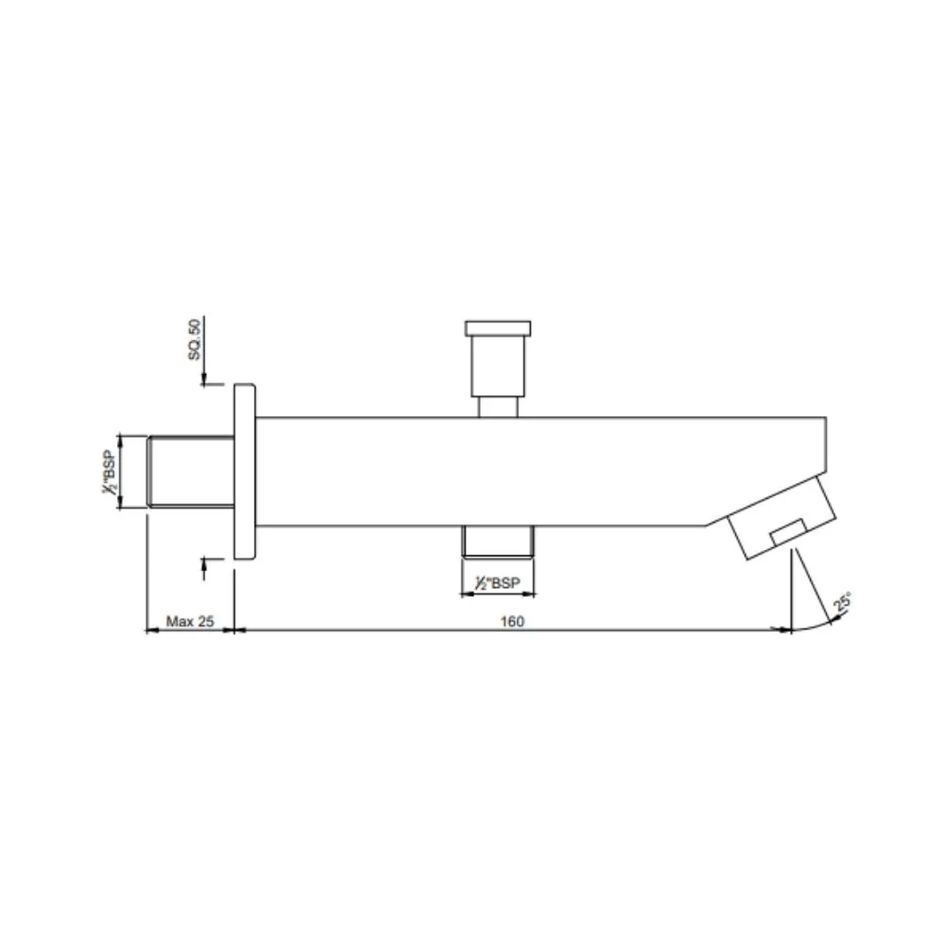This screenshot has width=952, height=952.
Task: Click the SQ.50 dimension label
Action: (194, 339)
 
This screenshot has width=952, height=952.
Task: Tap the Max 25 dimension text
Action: (190, 621)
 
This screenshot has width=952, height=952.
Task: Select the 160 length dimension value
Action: (512, 621)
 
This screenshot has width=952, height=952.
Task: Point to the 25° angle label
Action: (842, 602)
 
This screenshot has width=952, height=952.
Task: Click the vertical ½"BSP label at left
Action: (109, 471)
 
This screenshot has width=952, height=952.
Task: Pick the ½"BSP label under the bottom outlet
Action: (497, 583)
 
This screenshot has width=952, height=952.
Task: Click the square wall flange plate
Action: (245, 471)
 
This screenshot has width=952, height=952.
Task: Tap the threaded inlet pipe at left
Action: (191, 471)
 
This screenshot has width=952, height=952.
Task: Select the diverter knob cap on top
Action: (498, 329)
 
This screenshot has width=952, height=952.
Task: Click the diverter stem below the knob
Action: (498, 406)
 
